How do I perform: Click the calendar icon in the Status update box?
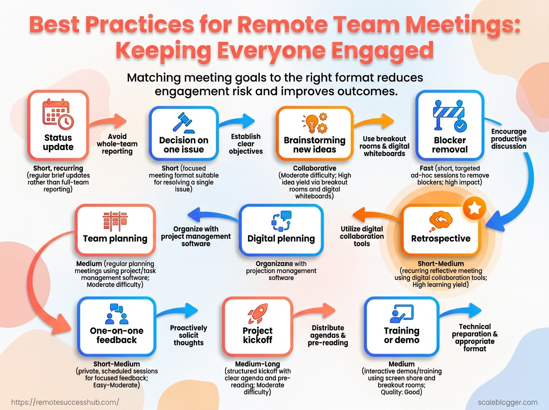point(58,114)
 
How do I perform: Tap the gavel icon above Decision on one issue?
point(183,123)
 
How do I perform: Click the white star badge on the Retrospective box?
point(474,208)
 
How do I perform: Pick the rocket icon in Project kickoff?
point(258,313)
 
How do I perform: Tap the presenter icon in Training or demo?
point(402,313)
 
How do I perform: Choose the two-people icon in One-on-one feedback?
point(117,314)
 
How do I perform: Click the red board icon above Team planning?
point(115,221)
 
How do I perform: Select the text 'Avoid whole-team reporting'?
point(117,144)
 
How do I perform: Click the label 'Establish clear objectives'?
point(246,144)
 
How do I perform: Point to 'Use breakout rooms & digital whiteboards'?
point(384,146)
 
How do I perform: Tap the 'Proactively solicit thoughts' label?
point(188,335)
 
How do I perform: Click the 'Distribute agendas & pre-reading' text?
point(328,335)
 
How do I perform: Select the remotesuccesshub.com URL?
point(65,402)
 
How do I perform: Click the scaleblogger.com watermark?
point(507,402)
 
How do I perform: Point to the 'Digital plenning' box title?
point(281,239)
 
